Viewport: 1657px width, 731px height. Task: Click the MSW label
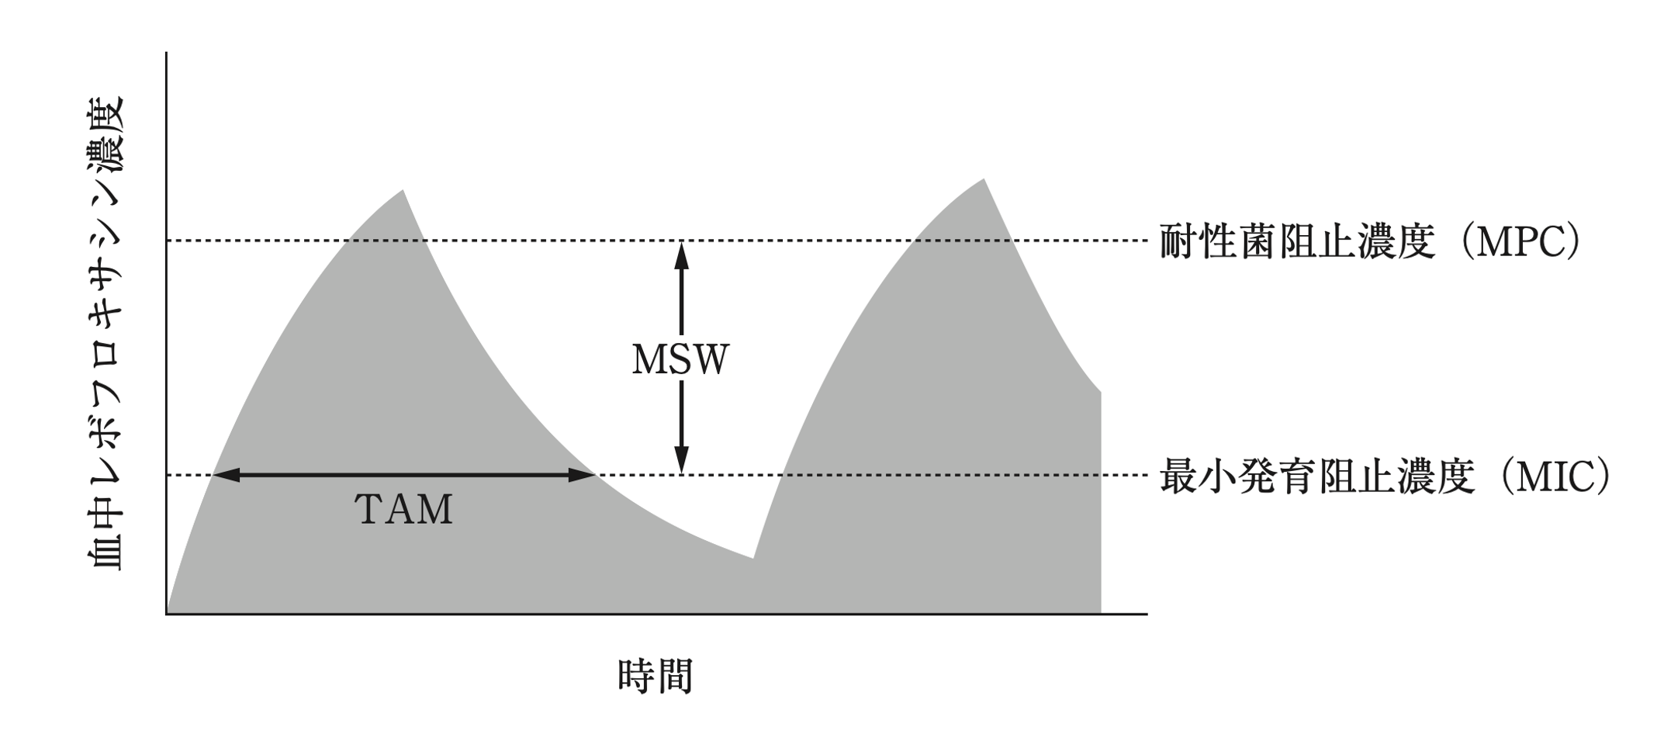tap(680, 360)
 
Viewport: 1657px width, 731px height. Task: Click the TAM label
tap(403, 510)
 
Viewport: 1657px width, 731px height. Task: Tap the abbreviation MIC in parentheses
tap(1555, 476)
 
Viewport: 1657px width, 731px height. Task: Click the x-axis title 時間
tap(655, 676)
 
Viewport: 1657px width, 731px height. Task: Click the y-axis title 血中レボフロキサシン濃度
tap(107, 334)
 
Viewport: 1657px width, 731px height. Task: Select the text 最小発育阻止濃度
tap(1316, 476)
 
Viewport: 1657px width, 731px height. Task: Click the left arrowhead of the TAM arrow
tap(225, 475)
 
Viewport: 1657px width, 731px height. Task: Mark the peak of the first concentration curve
tap(403, 191)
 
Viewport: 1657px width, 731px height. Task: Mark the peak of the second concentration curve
tap(984, 180)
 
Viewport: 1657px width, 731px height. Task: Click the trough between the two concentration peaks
tap(752, 556)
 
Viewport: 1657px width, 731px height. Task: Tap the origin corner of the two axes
tap(167, 614)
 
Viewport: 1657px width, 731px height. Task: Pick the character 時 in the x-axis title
tap(636, 676)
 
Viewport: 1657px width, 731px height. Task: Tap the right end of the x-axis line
tap(1145, 614)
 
